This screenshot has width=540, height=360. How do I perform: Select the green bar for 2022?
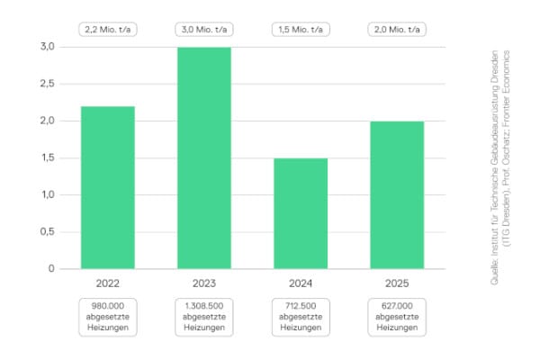(107, 187)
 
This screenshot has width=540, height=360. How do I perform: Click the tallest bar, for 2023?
(203, 157)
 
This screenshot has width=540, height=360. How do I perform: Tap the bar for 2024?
(301, 213)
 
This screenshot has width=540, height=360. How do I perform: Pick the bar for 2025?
(397, 194)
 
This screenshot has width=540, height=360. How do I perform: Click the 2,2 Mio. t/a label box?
(107, 29)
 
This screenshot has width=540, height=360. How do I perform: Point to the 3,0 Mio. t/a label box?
(203, 29)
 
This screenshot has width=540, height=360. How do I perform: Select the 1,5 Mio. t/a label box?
(301, 29)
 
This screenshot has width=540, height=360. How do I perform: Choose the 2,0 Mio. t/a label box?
(397, 29)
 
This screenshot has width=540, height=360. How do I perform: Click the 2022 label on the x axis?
(107, 283)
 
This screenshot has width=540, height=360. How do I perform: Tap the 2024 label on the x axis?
(301, 283)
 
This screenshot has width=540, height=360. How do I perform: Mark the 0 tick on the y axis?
(50, 268)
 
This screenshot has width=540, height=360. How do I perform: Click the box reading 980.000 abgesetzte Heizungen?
(107, 317)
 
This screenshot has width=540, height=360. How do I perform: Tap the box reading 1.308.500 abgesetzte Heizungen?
(203, 317)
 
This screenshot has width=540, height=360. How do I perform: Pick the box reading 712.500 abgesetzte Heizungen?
(301, 317)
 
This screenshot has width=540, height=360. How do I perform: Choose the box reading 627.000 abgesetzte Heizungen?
(397, 317)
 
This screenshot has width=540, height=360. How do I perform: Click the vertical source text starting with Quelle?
(499, 166)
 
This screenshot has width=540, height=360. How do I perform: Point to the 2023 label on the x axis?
(203, 283)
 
